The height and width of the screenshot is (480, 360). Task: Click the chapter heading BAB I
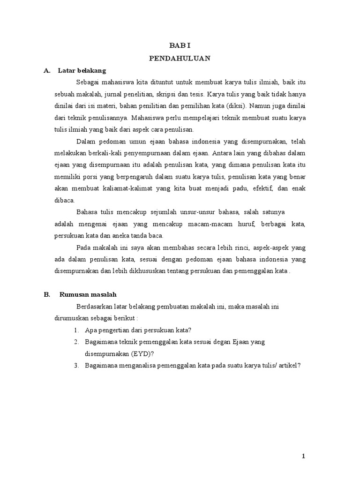pyautogui.click(x=180, y=45)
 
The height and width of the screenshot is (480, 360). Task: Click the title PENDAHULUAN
pyautogui.click(x=180, y=58)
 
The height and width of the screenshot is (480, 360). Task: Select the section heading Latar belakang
pyautogui.click(x=82, y=71)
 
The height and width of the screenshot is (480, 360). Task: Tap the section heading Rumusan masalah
pyautogui.click(x=88, y=294)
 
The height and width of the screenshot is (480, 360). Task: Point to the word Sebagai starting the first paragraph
pyautogui.click(x=88, y=82)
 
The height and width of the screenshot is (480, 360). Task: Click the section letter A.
pyautogui.click(x=46, y=71)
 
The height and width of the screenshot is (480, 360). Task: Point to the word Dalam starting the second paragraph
pyautogui.click(x=85, y=141)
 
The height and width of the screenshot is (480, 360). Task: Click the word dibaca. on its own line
pyautogui.click(x=65, y=200)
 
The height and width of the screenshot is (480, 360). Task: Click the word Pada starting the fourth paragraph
pyautogui.click(x=83, y=247)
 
